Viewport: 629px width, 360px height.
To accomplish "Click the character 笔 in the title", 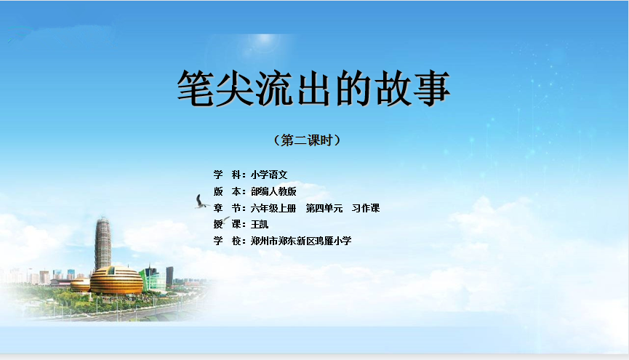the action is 196,88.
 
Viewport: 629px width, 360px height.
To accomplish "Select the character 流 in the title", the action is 274,88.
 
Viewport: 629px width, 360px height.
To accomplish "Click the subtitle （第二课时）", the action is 308,140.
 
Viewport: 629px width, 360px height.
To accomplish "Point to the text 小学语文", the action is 269,175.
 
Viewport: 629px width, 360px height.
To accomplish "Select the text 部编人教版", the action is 273,191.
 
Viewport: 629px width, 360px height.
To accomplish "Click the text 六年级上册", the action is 273,208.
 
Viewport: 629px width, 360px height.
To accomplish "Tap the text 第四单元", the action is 324,208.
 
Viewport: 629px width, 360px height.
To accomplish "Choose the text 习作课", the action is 366,208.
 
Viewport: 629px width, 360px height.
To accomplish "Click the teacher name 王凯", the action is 260,224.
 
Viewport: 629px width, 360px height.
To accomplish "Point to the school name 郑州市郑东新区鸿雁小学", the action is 301,241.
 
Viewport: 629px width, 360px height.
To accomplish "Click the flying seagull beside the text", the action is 201,201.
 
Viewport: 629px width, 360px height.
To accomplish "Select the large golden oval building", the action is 116,280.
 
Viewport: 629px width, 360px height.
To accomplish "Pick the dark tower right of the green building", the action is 169,276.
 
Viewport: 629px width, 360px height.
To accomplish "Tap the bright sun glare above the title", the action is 265,39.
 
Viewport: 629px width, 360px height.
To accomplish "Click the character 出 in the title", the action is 313,88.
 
